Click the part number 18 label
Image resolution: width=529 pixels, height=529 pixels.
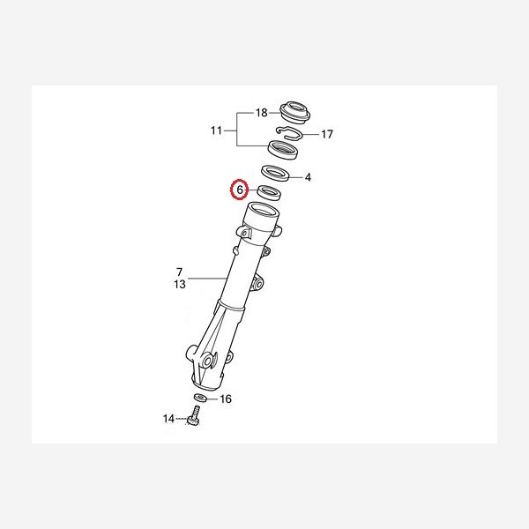click(262, 113)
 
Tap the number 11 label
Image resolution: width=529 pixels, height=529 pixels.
click(216, 130)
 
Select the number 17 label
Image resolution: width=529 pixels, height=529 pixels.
click(326, 134)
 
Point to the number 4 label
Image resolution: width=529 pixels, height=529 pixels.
click(308, 177)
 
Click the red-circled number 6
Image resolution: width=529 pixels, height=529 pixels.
click(240, 190)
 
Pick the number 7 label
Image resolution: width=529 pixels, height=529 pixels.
click(179, 272)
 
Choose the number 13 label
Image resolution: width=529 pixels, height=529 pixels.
click(180, 285)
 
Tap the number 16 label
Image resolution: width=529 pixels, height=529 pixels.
click(226, 399)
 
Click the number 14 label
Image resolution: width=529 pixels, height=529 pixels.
click(168, 419)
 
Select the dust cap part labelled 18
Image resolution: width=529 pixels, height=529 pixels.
click(295, 112)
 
